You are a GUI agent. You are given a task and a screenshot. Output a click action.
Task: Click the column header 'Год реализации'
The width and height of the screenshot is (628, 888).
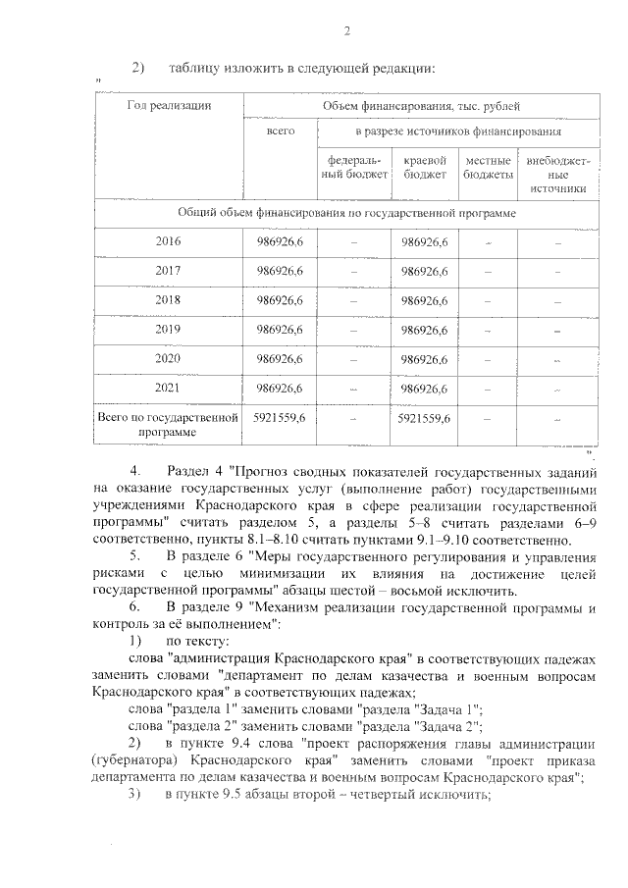click(x=168, y=104)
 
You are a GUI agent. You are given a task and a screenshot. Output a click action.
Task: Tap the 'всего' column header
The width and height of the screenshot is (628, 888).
click(x=280, y=131)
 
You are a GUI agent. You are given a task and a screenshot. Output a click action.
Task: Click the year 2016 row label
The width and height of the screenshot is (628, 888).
click(x=168, y=241)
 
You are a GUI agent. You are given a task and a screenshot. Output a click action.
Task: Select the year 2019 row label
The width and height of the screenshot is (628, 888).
click(x=168, y=331)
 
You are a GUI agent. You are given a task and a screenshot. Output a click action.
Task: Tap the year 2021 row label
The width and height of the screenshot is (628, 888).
click(x=168, y=389)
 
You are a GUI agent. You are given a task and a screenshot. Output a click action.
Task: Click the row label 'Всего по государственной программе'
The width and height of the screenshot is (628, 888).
click(x=168, y=425)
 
